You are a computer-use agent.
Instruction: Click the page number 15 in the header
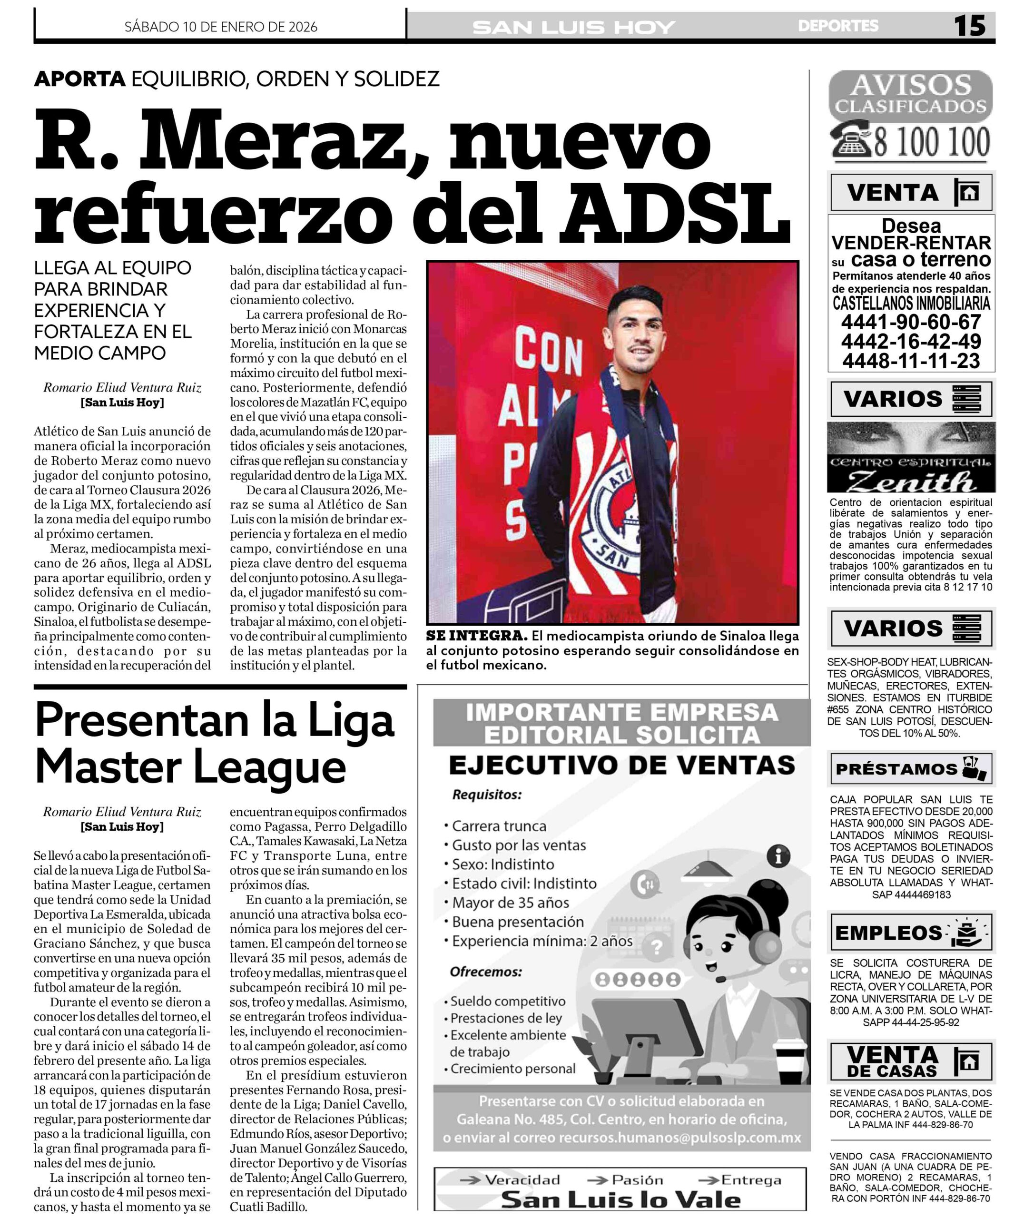coord(970,26)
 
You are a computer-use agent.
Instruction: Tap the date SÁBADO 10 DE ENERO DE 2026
coord(221,27)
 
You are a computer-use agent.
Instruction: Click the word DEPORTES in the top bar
coord(837,26)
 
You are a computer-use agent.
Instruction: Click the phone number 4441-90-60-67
coord(911,322)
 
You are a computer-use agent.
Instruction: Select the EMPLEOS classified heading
coord(888,933)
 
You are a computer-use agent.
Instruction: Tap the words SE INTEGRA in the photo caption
coord(476,636)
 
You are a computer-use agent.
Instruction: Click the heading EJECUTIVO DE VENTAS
coord(621,766)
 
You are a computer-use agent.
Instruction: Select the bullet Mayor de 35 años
coord(511,903)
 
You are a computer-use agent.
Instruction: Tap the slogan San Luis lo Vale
coord(620,1200)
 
